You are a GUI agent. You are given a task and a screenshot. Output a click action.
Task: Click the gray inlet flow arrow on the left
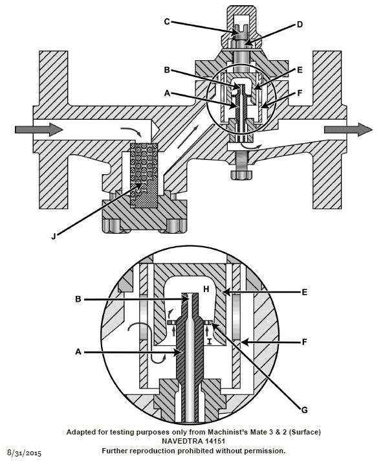click(x=39, y=130)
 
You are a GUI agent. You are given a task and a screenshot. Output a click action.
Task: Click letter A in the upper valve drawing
click(x=168, y=93)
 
